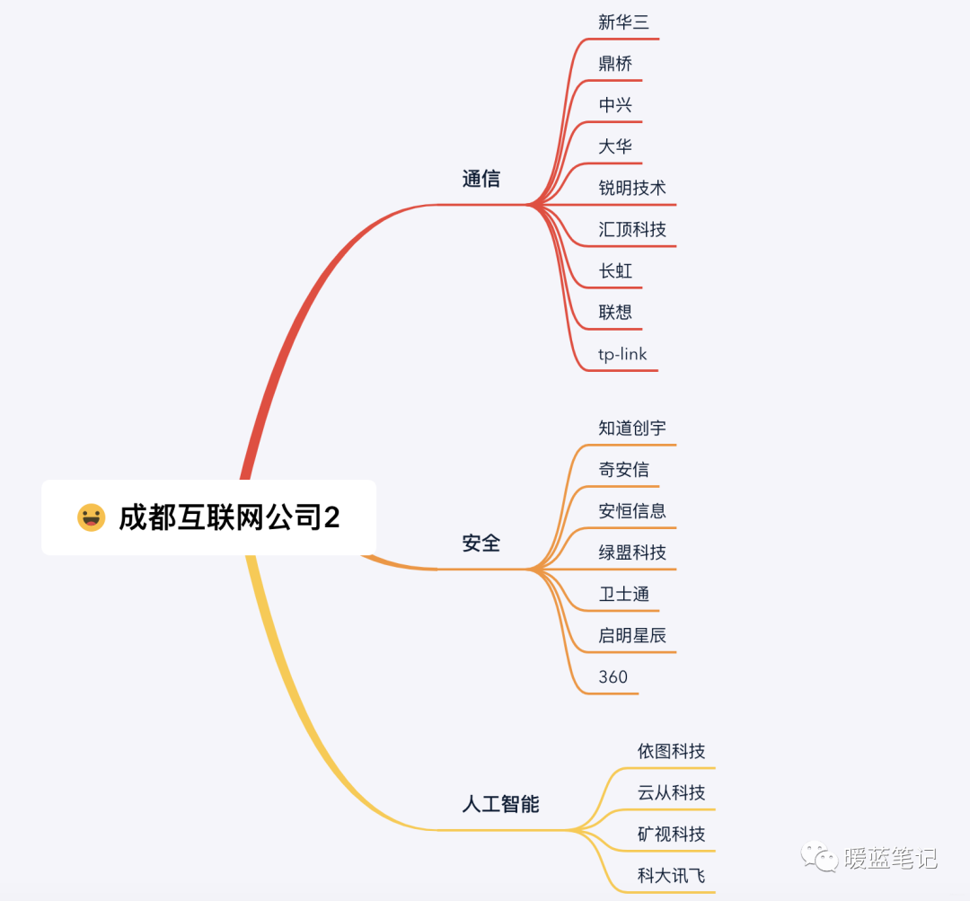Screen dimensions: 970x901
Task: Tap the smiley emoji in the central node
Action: (91, 517)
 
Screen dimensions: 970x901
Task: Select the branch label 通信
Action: (481, 179)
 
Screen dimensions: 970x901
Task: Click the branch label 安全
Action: (481, 543)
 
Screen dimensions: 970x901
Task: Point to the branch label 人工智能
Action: (500, 804)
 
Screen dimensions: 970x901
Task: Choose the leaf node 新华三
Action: (623, 22)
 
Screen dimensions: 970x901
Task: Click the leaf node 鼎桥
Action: (615, 64)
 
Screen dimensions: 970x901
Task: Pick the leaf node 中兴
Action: (615, 105)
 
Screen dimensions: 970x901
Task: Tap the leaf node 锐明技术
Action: (632, 188)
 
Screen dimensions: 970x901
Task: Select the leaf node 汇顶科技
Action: (632, 229)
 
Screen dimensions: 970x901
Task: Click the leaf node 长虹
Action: (615, 270)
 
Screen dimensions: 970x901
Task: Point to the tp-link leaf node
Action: (622, 354)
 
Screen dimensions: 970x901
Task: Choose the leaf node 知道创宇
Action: (632, 428)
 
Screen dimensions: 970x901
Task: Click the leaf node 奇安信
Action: (623, 469)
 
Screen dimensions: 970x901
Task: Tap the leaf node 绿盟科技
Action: (632, 552)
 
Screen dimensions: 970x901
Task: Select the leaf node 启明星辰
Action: (632, 636)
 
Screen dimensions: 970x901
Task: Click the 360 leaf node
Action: (613, 677)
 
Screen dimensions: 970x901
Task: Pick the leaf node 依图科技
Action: (671, 751)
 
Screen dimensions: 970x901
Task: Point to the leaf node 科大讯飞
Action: (671, 876)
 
